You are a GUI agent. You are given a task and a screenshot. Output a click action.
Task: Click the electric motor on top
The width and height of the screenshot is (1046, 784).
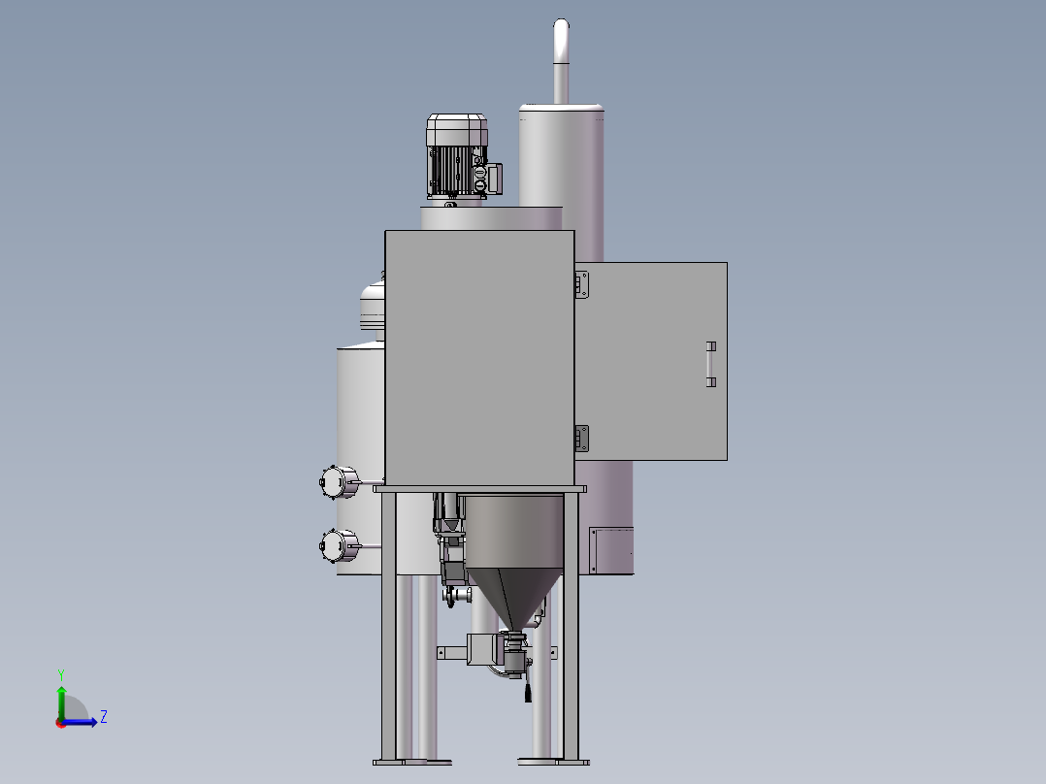(x=458, y=157)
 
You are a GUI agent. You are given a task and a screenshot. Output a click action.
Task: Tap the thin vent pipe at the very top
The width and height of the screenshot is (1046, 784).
(x=561, y=61)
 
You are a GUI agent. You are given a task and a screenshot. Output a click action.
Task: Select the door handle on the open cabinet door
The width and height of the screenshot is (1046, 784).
(x=711, y=364)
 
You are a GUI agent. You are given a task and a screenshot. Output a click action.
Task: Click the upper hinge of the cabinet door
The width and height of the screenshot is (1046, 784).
(x=582, y=284)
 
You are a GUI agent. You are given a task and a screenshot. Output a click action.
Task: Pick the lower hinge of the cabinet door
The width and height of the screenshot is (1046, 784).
(x=582, y=439)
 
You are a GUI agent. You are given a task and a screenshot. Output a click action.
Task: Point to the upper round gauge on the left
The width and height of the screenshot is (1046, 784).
(x=340, y=481)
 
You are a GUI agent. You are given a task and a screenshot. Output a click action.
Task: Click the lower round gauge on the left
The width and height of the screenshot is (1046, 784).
(x=340, y=546)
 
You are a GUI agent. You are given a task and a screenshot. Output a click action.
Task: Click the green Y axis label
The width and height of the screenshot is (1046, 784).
(x=61, y=674)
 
